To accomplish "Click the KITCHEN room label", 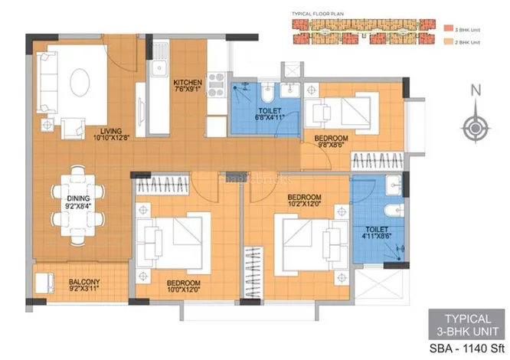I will [187, 82].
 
